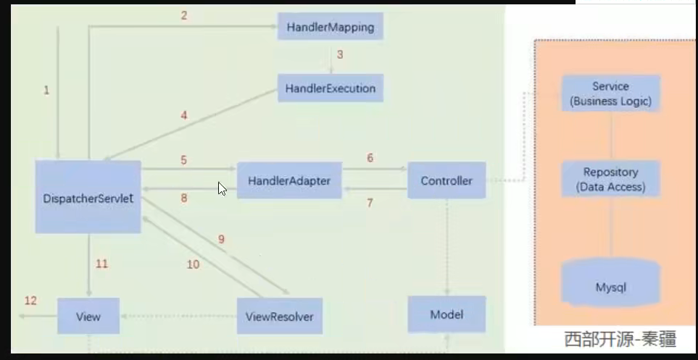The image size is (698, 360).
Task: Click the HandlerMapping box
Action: pos(330,28)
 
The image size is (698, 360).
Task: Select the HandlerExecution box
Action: pos(330,88)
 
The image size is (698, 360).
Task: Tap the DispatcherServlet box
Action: pos(88,197)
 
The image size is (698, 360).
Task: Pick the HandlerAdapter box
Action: pos(289,180)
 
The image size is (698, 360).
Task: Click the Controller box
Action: pos(446,180)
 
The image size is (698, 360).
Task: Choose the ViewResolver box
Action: pos(279,317)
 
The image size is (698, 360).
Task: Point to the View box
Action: pos(88,317)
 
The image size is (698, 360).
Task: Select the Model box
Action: pos(446,314)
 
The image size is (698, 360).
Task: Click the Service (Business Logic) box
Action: pos(610,93)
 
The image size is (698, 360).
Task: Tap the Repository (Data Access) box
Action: pos(610,180)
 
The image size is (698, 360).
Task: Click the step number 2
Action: pos(184,14)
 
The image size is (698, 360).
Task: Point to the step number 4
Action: pos(184,114)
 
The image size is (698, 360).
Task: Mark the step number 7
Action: pos(370,203)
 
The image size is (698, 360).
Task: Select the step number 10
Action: pos(193,264)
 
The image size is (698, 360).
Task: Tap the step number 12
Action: pos(30,301)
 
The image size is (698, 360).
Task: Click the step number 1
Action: pos(46,90)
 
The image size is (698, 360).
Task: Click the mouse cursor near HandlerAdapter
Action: pos(222,188)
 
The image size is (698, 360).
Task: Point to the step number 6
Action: pos(370,158)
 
